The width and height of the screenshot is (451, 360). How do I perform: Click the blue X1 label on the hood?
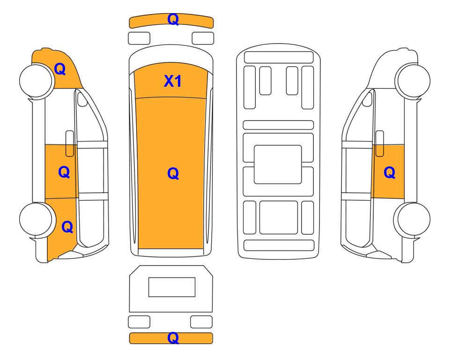(172, 81)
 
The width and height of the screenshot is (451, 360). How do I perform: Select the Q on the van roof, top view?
(173, 173)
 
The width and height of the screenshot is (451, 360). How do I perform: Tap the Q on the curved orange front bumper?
(173, 19)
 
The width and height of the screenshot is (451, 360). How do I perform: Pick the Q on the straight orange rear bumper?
(173, 338)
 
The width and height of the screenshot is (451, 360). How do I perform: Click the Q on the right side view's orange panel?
(390, 172)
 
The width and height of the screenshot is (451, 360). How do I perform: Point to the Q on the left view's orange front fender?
(60, 69)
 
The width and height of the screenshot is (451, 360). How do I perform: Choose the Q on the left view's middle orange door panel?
(64, 172)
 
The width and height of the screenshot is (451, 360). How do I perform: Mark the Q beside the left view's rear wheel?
(67, 227)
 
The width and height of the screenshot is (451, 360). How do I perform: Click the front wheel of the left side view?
(36, 81)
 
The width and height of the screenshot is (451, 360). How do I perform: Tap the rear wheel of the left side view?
(36, 219)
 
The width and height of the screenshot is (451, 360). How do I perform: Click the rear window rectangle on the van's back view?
(172, 287)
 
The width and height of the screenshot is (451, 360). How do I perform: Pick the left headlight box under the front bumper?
(139, 38)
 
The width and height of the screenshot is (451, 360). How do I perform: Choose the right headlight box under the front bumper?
(203, 38)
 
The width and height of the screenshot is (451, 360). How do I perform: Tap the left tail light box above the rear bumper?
(139, 322)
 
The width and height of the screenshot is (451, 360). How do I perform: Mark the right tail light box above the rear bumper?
(201, 322)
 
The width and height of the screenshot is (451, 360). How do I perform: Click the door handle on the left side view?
(70, 143)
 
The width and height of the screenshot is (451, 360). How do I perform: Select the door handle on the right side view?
(380, 143)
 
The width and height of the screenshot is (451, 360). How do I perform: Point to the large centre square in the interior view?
(278, 165)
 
